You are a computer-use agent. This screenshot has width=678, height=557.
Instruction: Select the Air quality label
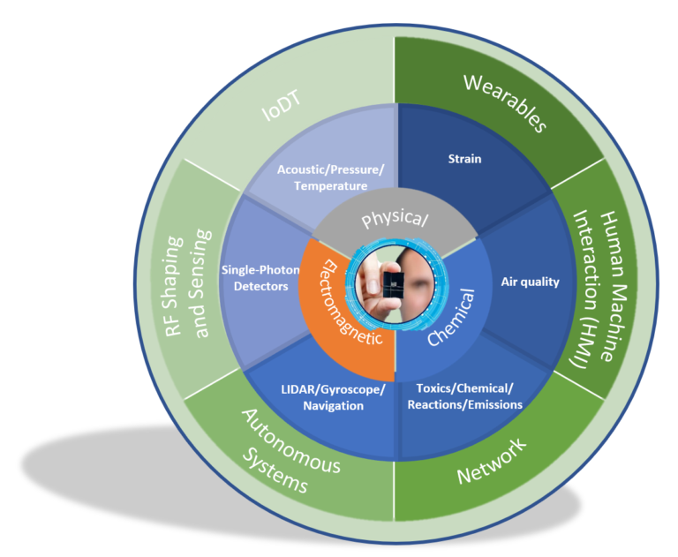[530, 282]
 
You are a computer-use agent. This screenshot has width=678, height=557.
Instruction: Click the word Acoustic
[300, 169]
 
